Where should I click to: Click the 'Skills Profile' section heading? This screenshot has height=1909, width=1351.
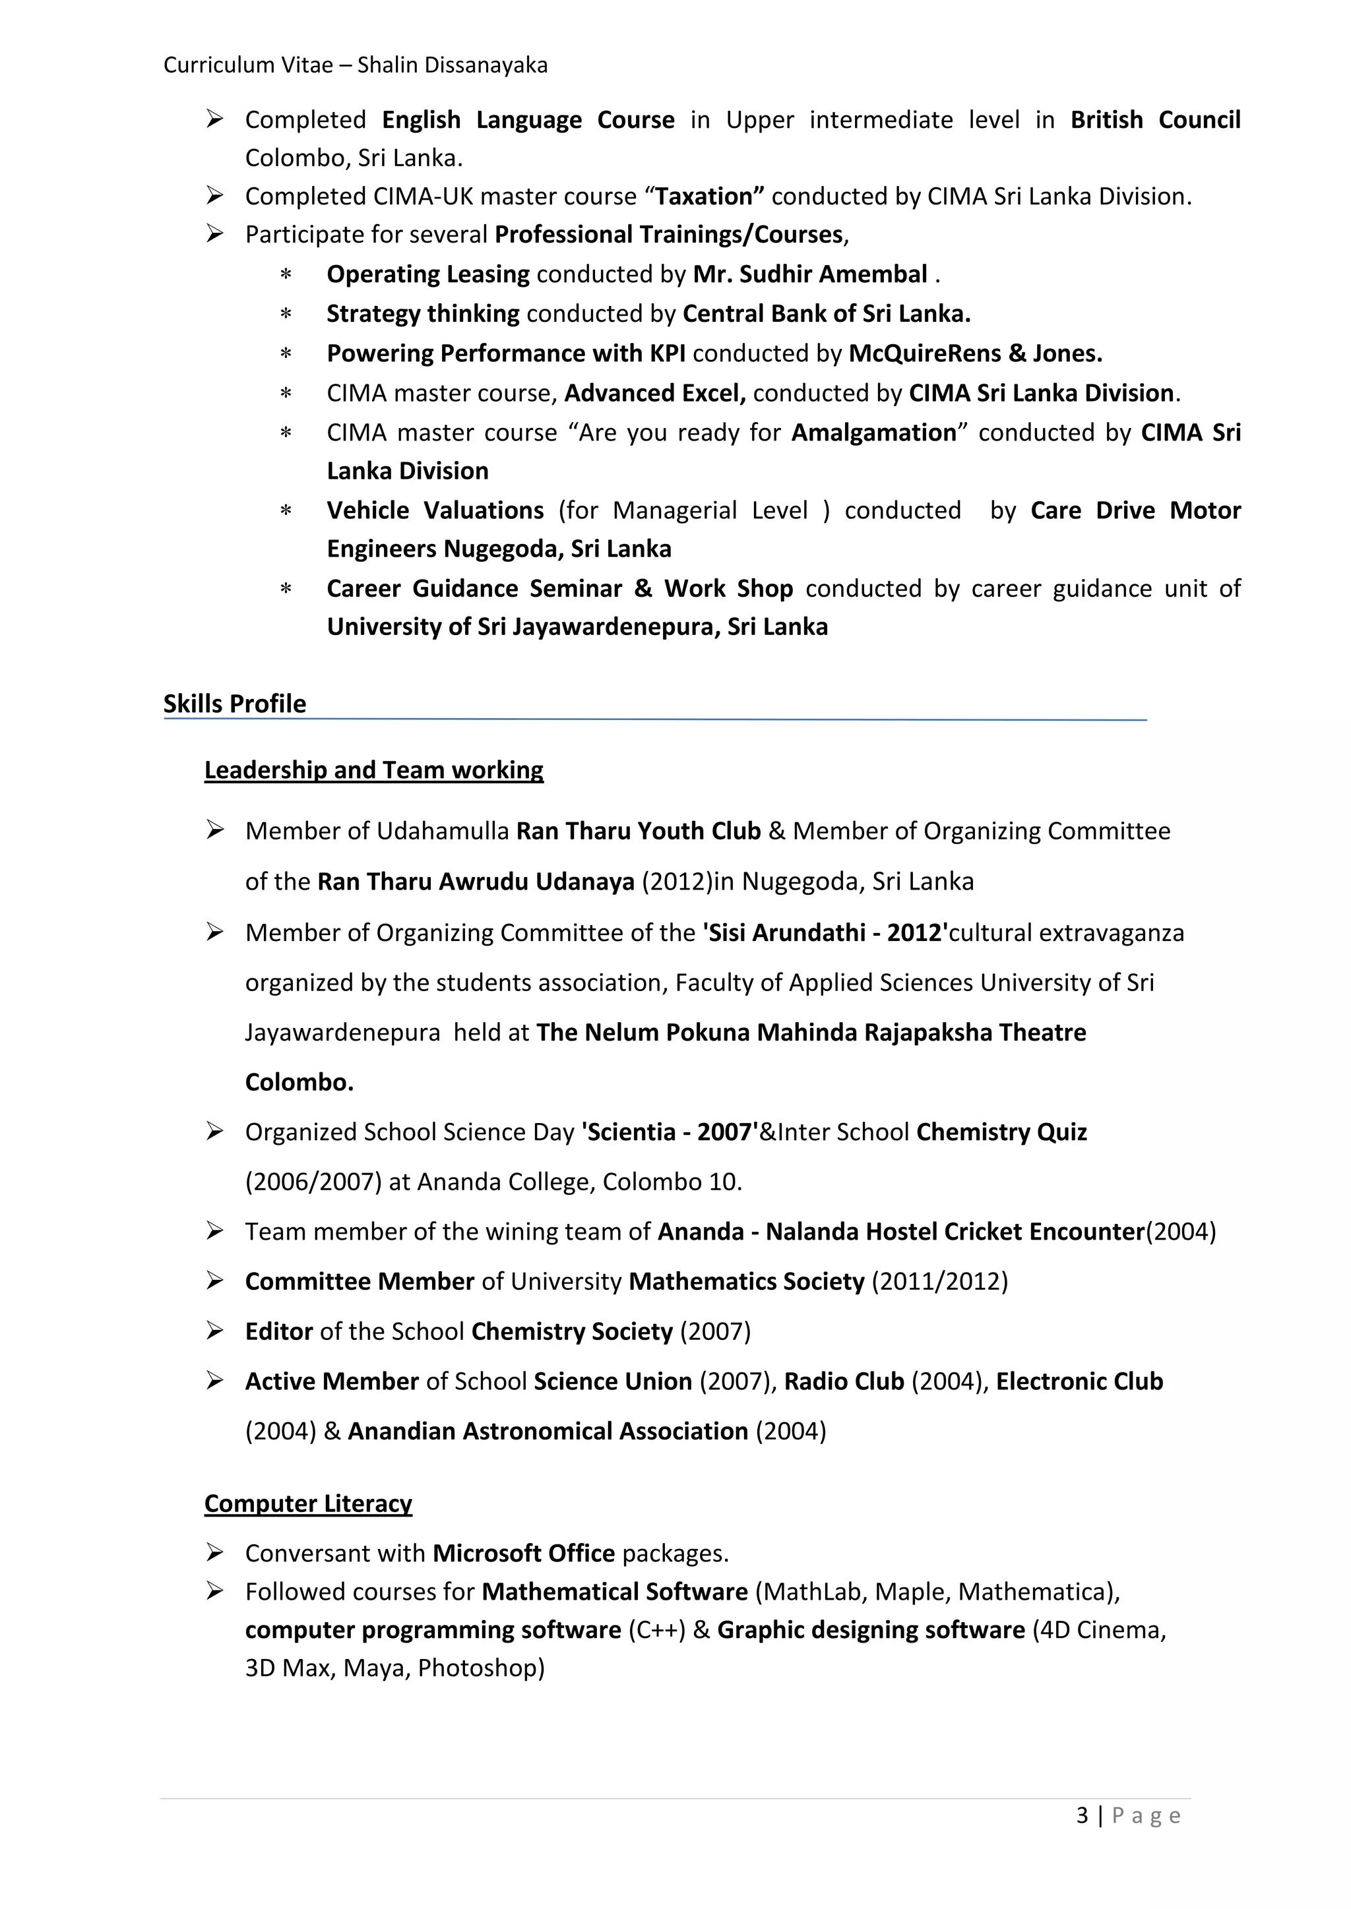point(235,704)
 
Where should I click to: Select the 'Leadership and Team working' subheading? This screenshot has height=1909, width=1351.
point(373,770)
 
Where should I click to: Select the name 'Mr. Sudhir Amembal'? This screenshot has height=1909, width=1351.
point(809,274)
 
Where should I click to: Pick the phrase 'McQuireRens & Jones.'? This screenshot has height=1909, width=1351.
point(975,353)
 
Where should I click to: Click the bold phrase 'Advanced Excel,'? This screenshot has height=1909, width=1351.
point(654,393)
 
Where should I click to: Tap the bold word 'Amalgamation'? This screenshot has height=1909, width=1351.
point(873,433)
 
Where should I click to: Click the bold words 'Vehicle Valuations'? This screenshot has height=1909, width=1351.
point(435,510)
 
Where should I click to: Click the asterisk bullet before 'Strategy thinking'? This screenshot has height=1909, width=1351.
point(286,315)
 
